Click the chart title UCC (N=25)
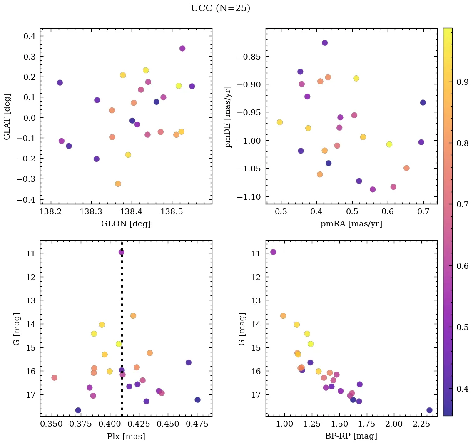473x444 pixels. click(x=220, y=8)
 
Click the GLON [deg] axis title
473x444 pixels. click(x=126, y=224)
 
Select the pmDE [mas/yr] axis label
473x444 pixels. click(x=228, y=116)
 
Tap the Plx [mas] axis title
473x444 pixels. click(x=126, y=436)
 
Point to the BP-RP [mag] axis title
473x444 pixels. click(x=351, y=436)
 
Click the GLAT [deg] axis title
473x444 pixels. click(x=7, y=116)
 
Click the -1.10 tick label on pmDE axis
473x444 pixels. click(x=249, y=197)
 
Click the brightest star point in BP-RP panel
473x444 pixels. click(x=273, y=252)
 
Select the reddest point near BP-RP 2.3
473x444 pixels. click(x=429, y=410)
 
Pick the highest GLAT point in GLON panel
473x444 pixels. click(x=182, y=48)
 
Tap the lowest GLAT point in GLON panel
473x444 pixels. click(x=118, y=184)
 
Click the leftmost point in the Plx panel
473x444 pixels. click(x=54, y=377)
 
